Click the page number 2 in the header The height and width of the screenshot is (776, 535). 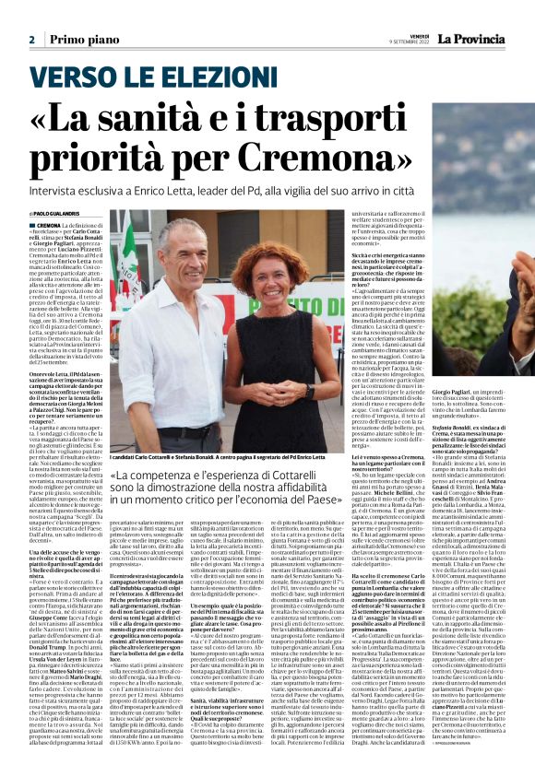pyautogui.click(x=31, y=40)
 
